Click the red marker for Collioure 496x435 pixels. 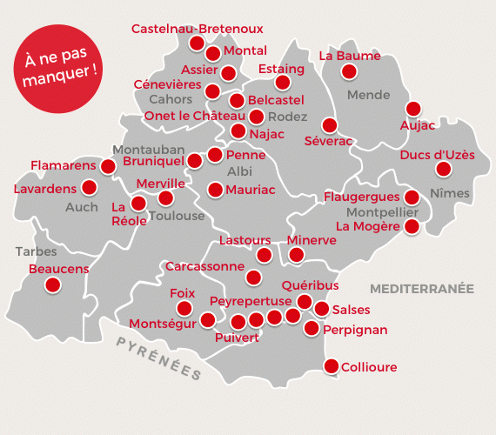tap(331, 366)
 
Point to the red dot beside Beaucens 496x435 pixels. tap(54, 284)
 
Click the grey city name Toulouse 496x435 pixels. tap(177, 216)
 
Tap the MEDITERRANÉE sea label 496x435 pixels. tap(420, 287)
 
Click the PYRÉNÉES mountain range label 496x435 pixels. tap(159, 358)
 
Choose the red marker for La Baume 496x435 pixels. tap(349, 71)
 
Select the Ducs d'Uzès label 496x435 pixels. tap(437, 155)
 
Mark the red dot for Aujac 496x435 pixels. tap(413, 109)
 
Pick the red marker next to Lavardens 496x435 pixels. tap(89, 187)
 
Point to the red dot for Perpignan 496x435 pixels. tap(312, 328)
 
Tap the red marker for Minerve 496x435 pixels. tap(297, 255)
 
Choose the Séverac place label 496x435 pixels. tap(328, 140)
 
